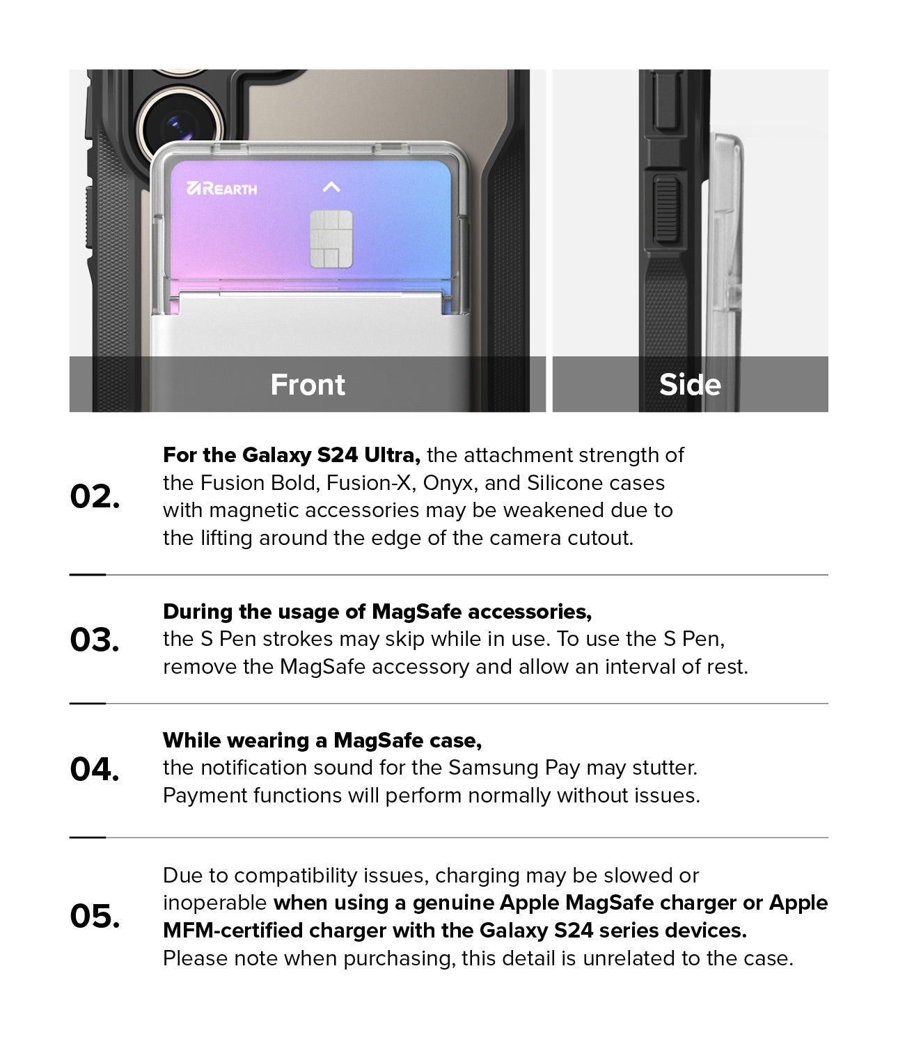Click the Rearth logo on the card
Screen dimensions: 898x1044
point(222,189)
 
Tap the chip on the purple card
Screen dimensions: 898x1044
point(331,239)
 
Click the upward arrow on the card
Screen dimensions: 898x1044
point(331,187)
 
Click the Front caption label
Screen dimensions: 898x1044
point(308,384)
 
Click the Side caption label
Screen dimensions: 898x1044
point(690,384)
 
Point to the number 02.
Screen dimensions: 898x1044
point(95,496)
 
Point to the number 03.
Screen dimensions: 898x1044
point(95,639)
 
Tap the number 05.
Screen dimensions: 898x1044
point(95,915)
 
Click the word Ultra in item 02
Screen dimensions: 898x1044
point(392,455)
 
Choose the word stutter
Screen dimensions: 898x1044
point(665,768)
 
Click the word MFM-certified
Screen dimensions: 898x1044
point(233,931)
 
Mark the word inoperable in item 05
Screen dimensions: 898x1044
point(214,903)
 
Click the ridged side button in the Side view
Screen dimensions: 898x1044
point(667,209)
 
